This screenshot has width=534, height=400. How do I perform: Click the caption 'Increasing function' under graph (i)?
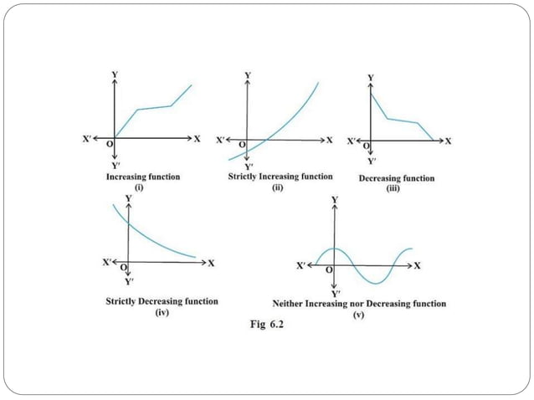click(142, 177)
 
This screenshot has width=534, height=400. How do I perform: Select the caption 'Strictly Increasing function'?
click(280, 177)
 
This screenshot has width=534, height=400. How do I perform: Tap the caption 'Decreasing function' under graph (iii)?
click(396, 178)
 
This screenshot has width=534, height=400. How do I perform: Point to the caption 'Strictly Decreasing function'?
click(162, 301)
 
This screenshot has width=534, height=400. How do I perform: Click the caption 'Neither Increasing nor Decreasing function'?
click(359, 304)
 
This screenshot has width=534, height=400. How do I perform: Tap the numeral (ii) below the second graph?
click(280, 187)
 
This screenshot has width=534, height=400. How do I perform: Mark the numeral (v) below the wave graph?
click(358, 315)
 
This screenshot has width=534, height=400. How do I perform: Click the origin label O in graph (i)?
click(110, 145)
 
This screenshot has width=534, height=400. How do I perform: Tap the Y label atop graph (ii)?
click(247, 75)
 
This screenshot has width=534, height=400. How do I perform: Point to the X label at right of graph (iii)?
click(448, 141)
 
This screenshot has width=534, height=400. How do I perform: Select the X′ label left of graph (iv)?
click(107, 262)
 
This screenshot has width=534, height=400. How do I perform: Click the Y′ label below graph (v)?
click(335, 294)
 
